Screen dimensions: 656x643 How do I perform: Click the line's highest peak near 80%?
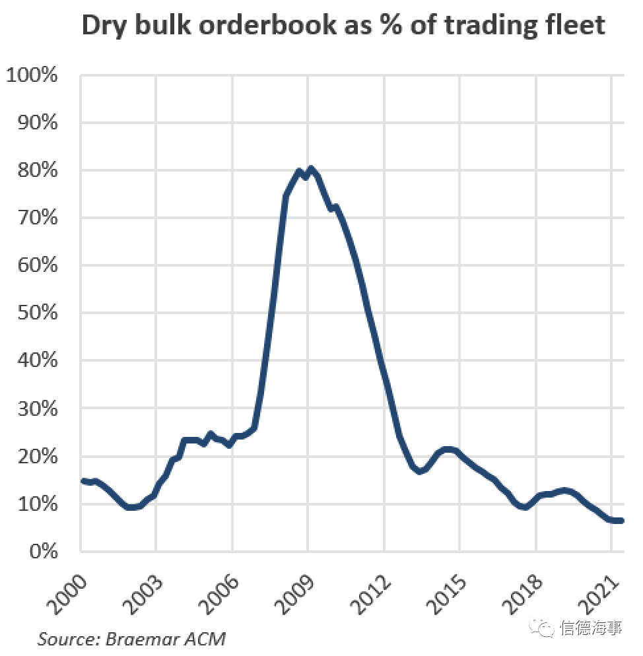pyautogui.click(x=310, y=169)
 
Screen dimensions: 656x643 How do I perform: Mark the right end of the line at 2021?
pyautogui.click(x=621, y=521)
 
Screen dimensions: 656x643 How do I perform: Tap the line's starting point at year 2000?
pyautogui.click(x=82, y=480)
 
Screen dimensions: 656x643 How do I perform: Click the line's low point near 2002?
pyautogui.click(x=131, y=508)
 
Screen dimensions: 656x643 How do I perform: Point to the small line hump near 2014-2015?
pyautogui.click(x=448, y=449)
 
